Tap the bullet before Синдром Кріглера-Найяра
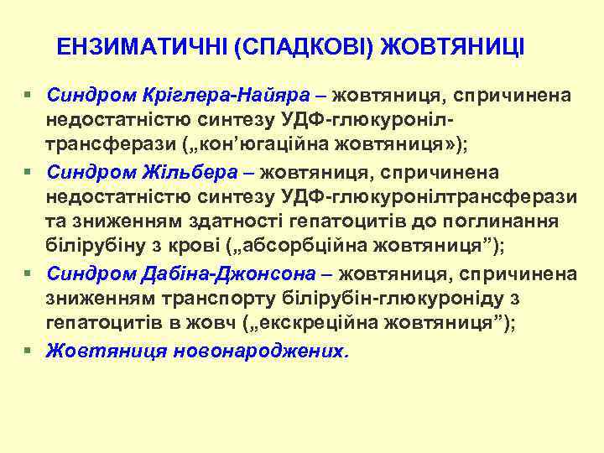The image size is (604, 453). (x=29, y=95)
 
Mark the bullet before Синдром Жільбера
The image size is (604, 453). (x=29, y=173)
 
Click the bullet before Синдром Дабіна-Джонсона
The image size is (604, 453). (x=29, y=273)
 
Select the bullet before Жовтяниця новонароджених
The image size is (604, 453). (x=29, y=351)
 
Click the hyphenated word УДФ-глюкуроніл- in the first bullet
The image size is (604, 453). (x=444, y=118)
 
